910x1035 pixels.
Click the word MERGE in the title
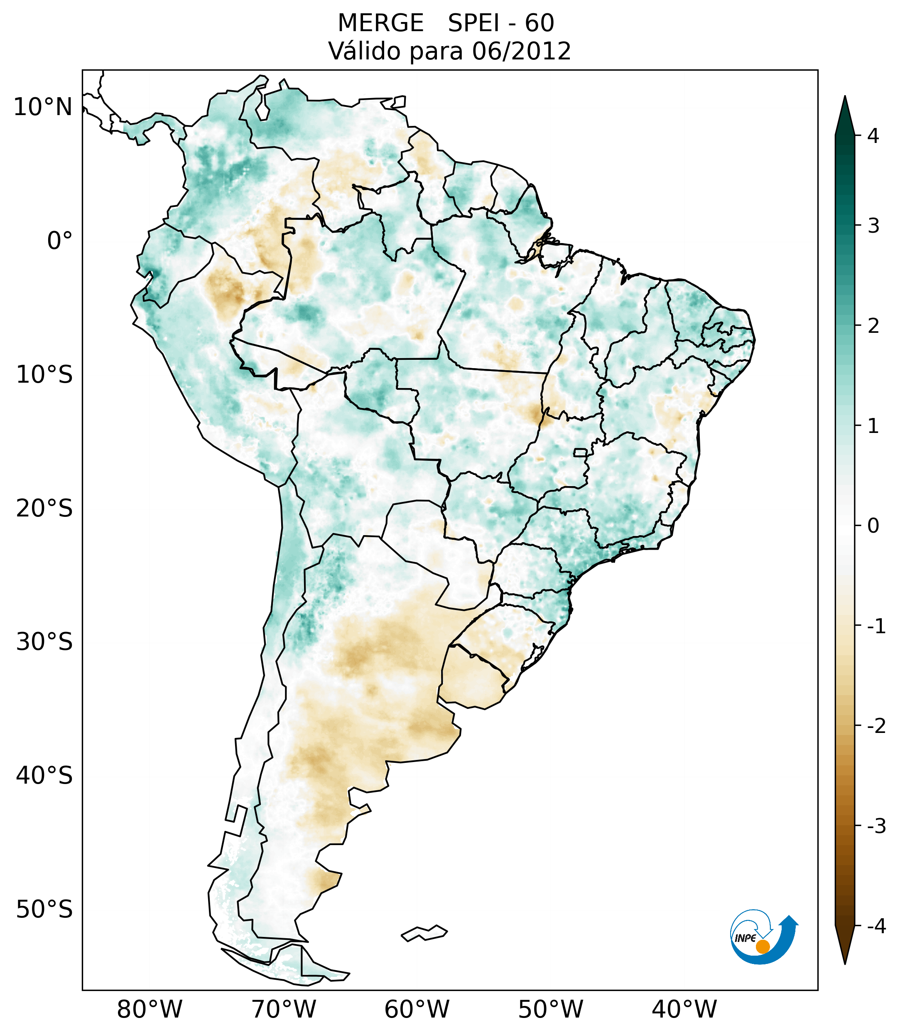pyautogui.click(x=380, y=23)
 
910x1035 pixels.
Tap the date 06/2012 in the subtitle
pyautogui.click(x=521, y=51)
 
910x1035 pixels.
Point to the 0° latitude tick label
pyautogui.click(x=59, y=241)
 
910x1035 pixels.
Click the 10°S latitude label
pyautogui.click(x=44, y=375)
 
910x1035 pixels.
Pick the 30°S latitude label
pyautogui.click(x=44, y=642)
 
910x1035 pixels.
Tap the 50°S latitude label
pyautogui.click(x=44, y=910)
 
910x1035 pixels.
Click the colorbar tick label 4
pyautogui.click(x=873, y=136)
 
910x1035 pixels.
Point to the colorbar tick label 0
pyautogui.click(x=873, y=526)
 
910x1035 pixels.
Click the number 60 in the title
pyautogui.click(x=540, y=23)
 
